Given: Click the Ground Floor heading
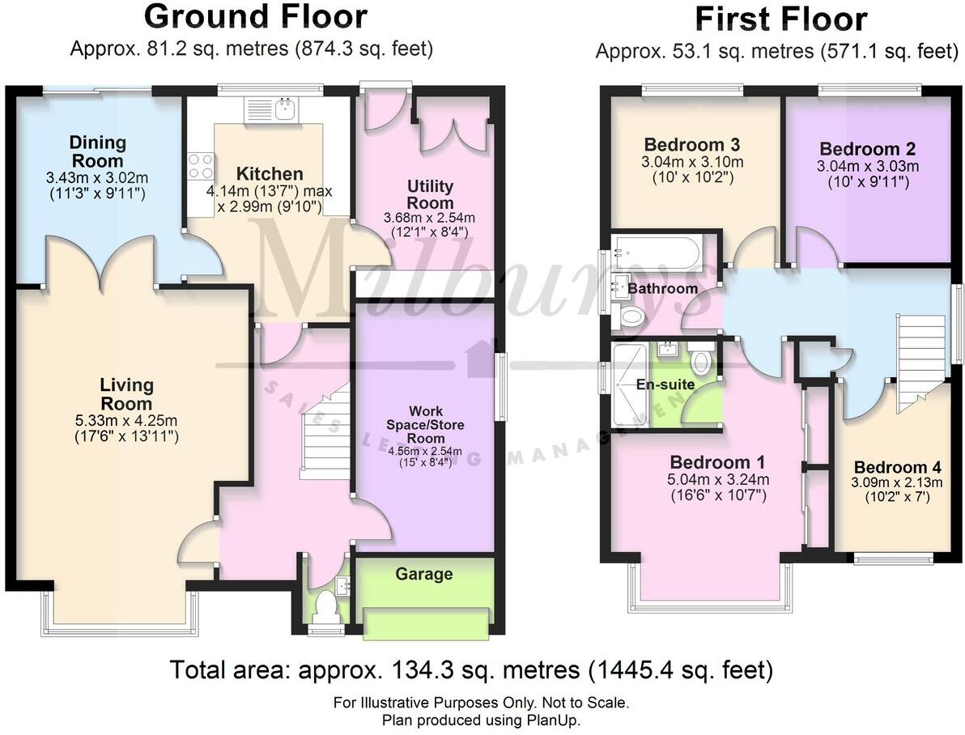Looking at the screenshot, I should (255, 17).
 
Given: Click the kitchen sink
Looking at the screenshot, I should (283, 109).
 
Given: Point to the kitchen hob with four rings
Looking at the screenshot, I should (200, 166).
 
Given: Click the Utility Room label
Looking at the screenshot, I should (430, 195).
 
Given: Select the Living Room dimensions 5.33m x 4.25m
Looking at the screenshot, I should (127, 421).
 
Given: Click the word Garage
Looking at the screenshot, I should (423, 574).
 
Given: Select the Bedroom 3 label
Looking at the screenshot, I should (693, 146).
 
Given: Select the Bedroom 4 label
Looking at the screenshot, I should (897, 468).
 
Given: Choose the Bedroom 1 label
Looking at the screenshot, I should (717, 462).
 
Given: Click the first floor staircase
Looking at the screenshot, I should (921, 356).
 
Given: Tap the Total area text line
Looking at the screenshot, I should (471, 670).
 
